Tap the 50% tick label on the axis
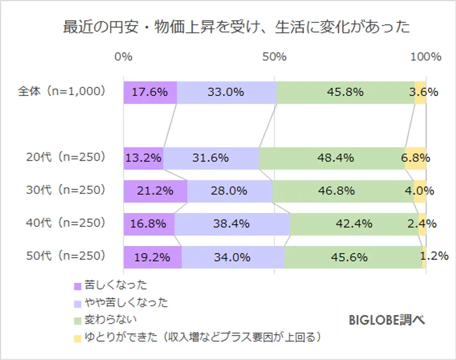coord(274,56)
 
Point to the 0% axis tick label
coord(124,56)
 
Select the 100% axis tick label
coord(426,56)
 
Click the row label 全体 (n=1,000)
coord(61,92)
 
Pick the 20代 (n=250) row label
coord(65,157)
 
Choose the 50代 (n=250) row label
coord(65,256)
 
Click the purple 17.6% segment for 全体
coord(150,92)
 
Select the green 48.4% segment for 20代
coord(332,158)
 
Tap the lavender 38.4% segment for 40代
coord(232,223)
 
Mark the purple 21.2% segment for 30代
coord(155,191)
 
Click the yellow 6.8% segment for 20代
coord(415,158)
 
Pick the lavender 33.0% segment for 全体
coord(226,92)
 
